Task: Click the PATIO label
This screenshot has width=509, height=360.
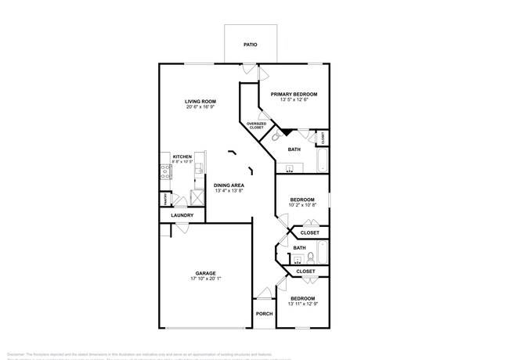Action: click(250, 45)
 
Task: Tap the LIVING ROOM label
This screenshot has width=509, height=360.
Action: click(200, 102)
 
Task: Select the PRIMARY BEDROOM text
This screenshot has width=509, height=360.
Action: click(294, 94)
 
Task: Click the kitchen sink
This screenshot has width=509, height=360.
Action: click(199, 167)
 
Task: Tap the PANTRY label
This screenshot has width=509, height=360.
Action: click(165, 200)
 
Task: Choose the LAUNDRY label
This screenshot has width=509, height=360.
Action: click(182, 215)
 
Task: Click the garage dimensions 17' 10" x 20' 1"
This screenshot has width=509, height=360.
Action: click(206, 279)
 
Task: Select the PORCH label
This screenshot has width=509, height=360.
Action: click(264, 314)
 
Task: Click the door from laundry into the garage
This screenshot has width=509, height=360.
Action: click(180, 228)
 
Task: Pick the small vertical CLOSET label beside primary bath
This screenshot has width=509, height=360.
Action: click(323, 138)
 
